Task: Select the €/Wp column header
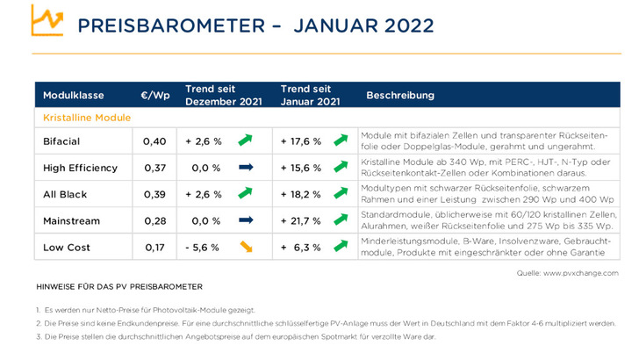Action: click(x=154, y=94)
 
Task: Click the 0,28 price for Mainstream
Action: click(x=154, y=220)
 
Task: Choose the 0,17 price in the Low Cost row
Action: click(x=154, y=247)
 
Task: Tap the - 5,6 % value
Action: click(x=203, y=247)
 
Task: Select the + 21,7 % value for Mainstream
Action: click(x=300, y=220)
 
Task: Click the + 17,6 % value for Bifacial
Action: click(x=300, y=140)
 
